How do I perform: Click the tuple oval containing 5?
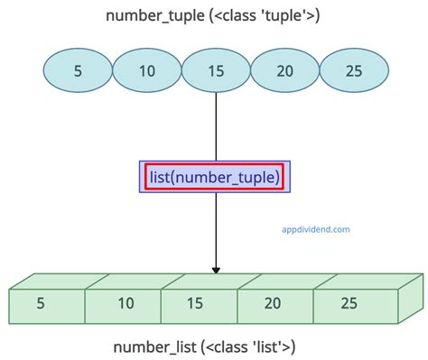point(78,71)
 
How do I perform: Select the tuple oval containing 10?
point(147,71)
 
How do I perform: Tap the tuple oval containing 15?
point(216,71)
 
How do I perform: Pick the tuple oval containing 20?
point(285,71)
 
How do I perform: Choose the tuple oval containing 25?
point(354,71)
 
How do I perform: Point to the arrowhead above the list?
point(216,268)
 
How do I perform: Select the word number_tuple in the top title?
point(142,15)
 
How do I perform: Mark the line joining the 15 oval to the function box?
point(216,126)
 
